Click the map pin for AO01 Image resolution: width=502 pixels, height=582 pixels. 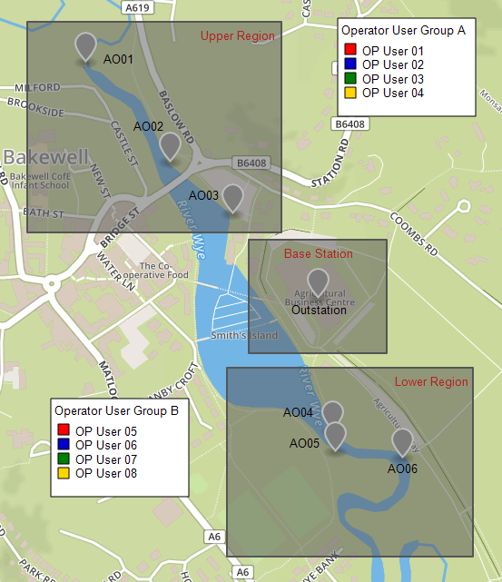85,45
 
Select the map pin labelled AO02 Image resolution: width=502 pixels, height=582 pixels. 170,145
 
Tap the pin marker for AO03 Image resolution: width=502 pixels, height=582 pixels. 233,197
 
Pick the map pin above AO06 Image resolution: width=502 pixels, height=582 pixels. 402,441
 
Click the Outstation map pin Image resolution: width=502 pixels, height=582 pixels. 318,281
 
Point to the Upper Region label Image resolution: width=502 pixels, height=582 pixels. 237,36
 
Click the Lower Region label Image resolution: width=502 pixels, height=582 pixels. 431,382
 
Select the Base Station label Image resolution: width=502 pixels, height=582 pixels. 318,253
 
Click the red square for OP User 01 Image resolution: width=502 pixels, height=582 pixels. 349,51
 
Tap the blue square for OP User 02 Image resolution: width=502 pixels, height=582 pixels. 349,64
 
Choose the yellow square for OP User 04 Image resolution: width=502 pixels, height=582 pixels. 349,93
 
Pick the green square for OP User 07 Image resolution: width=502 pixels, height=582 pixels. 63,459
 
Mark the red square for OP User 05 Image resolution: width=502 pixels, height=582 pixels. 63,431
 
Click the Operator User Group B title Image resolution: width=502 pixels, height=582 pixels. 116,410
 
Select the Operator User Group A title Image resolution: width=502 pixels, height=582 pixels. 403,31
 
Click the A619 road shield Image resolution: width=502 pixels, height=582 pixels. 137,7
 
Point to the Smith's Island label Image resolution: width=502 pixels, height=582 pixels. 243,335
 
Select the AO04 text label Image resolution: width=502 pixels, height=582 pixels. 298,412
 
